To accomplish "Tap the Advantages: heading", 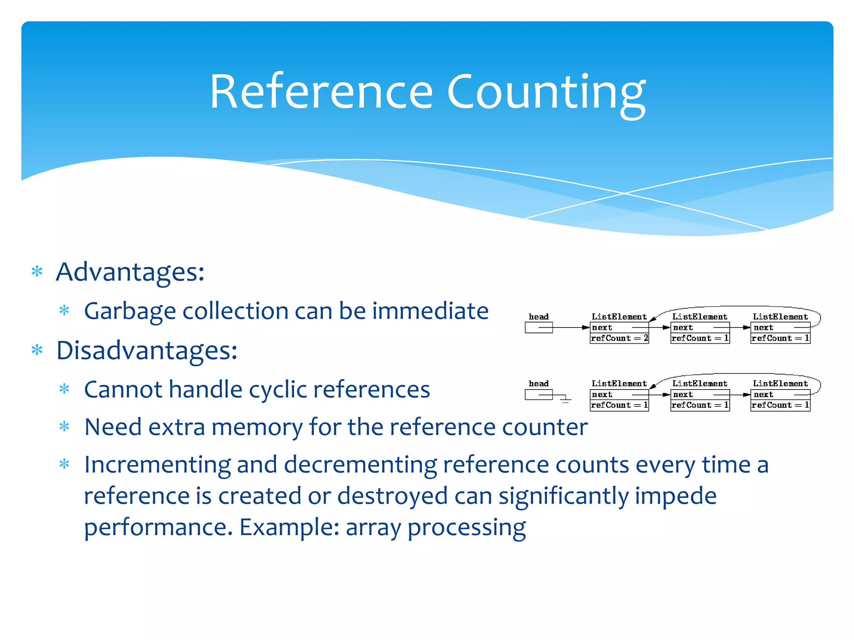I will [130, 272].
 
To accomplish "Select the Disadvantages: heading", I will [147, 350].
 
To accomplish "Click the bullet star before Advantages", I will [37, 272].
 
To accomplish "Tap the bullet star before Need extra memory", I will [64, 427].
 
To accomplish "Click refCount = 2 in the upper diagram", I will [619, 338].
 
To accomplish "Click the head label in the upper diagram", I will [538, 317].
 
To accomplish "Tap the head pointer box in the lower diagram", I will [538, 394].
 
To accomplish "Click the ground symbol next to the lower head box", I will [565, 400].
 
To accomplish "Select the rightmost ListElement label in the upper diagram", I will [780, 317].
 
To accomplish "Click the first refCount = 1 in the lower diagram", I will [619, 405].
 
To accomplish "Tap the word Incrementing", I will [157, 465].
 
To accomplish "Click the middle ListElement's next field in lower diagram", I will [700, 394].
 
